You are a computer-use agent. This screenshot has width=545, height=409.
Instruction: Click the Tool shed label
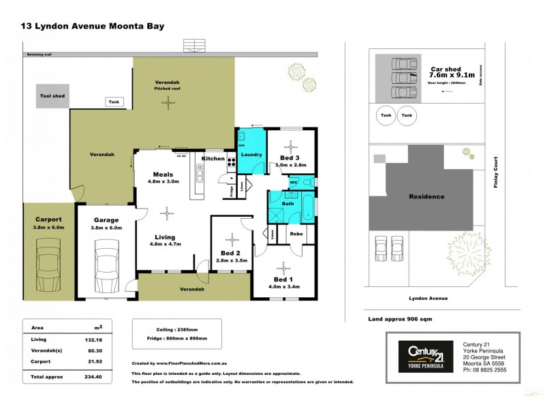click(x=52, y=96)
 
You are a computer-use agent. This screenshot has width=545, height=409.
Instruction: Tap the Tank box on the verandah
click(x=112, y=102)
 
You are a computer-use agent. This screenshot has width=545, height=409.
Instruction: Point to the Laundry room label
click(x=251, y=155)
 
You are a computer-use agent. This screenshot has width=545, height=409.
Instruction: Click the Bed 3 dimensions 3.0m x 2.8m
click(x=291, y=165)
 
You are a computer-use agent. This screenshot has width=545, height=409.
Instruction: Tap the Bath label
click(x=288, y=203)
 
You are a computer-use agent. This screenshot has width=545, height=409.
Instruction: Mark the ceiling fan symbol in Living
click(x=168, y=213)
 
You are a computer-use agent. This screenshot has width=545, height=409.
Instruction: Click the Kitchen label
click(x=213, y=159)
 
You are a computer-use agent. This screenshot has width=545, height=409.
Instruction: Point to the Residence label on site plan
click(x=426, y=196)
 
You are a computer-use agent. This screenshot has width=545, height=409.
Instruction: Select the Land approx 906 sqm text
click(x=399, y=318)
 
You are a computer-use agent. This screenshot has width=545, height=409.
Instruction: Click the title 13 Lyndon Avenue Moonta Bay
click(x=93, y=27)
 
